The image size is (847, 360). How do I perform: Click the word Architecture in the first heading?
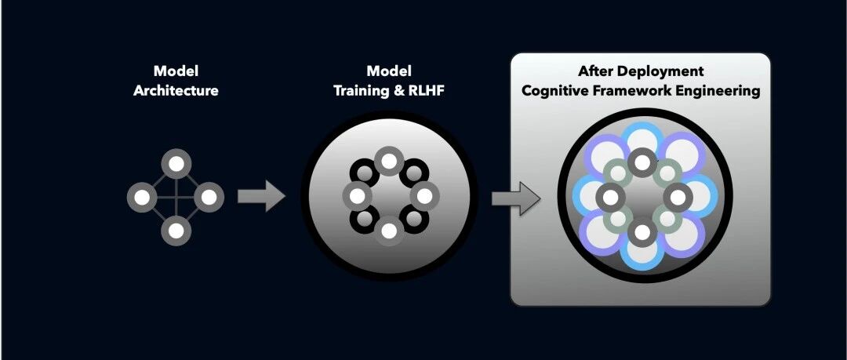(176, 90)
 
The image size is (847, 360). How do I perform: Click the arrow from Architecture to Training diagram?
(262, 196)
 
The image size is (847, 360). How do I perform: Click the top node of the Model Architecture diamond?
(176, 164)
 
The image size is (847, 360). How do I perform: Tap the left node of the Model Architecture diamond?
(141, 197)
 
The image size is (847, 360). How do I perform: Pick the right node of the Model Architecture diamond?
(209, 197)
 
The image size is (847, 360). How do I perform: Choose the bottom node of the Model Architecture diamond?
(176, 231)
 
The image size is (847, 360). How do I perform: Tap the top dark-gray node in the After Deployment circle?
(642, 162)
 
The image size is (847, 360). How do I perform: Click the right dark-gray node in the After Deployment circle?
(677, 196)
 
